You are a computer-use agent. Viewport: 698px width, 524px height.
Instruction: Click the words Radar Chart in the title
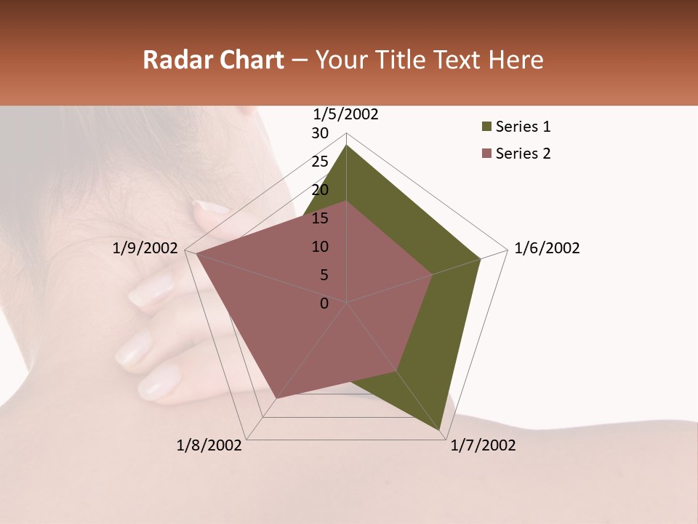tap(213, 60)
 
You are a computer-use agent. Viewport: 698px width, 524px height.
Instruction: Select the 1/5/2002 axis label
tap(345, 114)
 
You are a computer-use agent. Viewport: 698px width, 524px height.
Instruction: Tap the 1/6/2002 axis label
tap(547, 248)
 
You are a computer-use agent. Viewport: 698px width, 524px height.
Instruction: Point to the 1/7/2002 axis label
tap(483, 445)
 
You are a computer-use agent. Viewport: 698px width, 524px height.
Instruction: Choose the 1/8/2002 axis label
tap(209, 445)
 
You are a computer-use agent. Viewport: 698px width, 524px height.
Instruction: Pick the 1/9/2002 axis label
tap(145, 248)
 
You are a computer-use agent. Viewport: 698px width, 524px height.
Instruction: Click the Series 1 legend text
tap(523, 127)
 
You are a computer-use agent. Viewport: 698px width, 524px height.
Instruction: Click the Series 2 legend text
tap(523, 154)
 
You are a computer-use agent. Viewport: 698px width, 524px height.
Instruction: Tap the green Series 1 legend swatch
tap(486, 127)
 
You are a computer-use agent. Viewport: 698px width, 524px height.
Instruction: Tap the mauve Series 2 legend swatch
tap(486, 154)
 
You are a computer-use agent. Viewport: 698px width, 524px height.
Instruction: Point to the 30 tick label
tap(320, 133)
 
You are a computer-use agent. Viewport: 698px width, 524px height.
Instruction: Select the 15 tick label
tap(320, 218)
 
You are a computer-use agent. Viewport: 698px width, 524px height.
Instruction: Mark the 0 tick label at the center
tap(324, 303)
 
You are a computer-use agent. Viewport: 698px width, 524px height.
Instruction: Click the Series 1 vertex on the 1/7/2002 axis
tap(441, 432)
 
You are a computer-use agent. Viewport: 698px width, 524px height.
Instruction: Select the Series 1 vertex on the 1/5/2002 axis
tap(346, 146)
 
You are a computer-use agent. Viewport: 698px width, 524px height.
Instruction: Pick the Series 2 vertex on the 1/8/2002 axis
tap(276, 399)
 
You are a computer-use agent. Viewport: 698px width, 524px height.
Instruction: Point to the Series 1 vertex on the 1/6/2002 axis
tap(480, 258)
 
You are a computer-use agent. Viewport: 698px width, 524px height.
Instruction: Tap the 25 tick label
tap(320, 162)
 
